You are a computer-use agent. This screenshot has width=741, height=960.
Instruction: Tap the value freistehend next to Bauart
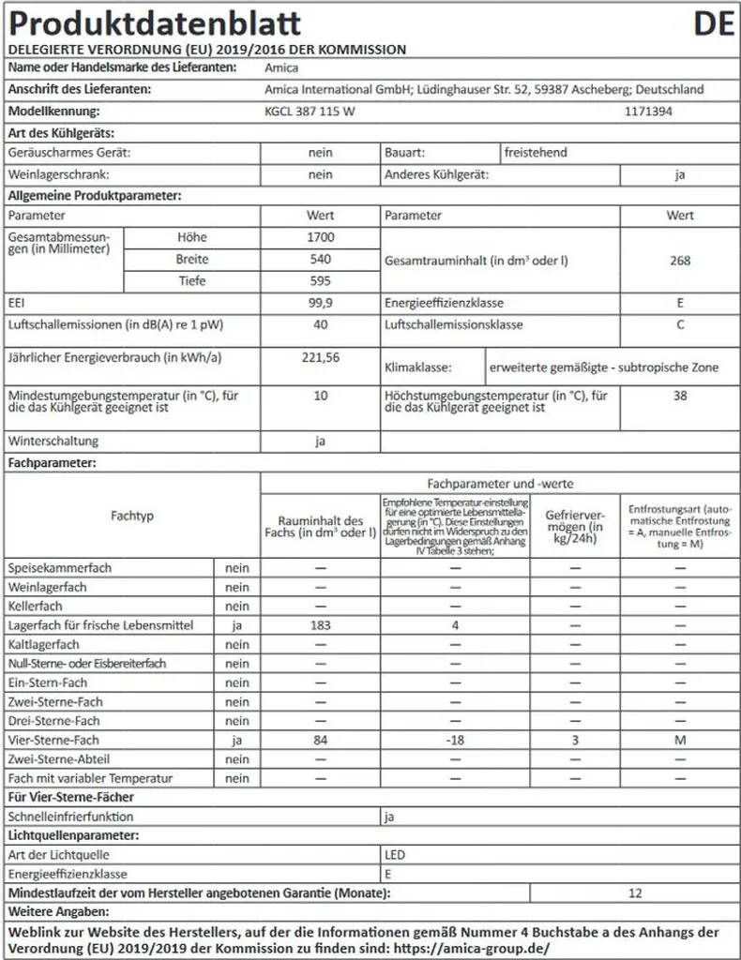536,152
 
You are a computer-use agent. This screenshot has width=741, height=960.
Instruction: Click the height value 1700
320,237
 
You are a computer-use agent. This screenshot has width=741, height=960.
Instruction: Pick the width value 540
320,260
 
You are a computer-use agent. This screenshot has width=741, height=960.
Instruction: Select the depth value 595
320,281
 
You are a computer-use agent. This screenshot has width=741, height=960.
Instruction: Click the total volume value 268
680,260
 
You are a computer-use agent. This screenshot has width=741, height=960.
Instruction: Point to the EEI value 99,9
320,304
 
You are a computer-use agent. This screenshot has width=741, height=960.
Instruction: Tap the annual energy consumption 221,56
320,358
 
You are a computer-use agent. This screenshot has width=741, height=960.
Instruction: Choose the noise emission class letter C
680,325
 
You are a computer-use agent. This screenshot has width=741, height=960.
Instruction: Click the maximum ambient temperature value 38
680,396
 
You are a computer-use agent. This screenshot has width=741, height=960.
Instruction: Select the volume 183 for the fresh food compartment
320,625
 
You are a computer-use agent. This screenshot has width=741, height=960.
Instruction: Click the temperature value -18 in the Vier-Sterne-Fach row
455,741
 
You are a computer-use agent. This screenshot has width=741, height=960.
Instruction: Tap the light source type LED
395,855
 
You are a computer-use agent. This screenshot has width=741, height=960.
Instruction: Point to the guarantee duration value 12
636,893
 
